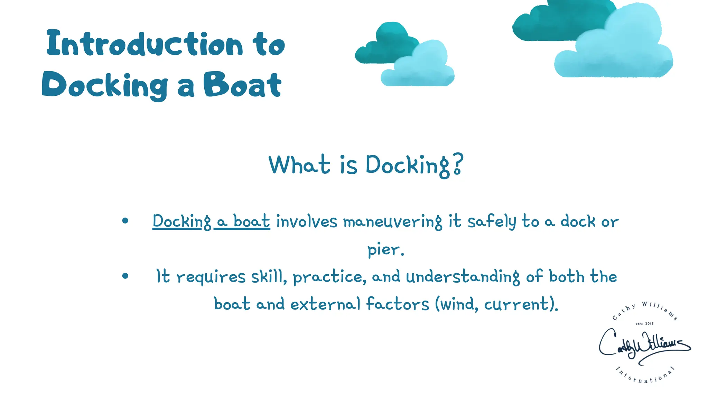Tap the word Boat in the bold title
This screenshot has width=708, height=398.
242,85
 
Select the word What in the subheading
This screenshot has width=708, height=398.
299,165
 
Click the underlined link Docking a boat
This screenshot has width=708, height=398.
211,221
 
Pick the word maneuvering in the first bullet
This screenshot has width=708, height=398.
392,222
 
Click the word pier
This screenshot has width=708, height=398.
385,249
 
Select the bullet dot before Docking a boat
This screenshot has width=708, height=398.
125,221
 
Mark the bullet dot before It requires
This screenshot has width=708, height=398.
125,276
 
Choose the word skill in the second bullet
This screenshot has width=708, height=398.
269,277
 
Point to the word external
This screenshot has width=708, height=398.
325,304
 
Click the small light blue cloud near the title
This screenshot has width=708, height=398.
420,67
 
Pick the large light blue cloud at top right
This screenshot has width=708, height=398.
619,48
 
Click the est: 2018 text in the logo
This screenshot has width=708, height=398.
644,324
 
